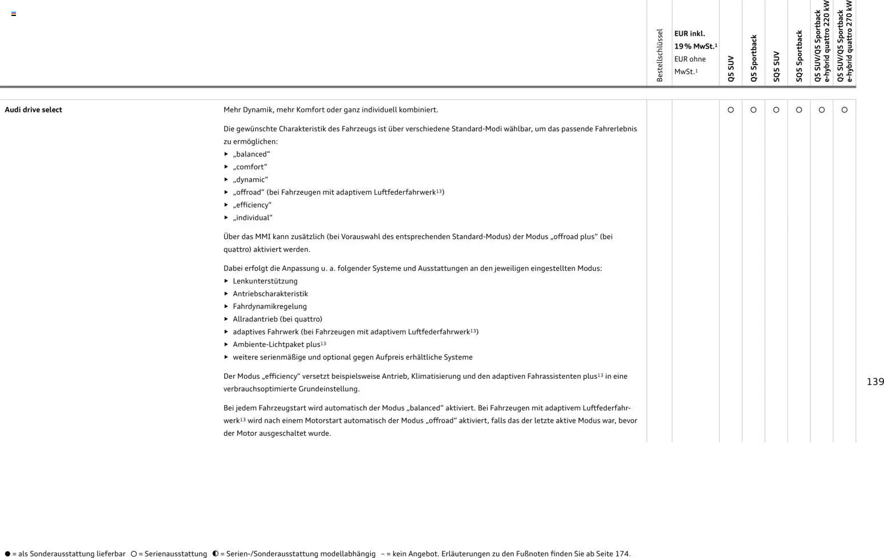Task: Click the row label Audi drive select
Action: coord(33,110)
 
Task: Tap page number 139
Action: coord(875,382)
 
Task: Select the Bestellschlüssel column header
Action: coord(659,55)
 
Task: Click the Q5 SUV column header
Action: coord(731,68)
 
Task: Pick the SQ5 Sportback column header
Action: coord(799,56)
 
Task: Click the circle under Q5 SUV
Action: coord(731,110)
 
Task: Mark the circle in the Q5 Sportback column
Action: coord(753,110)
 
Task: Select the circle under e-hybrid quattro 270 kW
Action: coord(844,110)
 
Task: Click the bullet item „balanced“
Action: coord(251,154)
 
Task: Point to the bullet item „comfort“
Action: coord(250,167)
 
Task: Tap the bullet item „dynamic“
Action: coord(250,180)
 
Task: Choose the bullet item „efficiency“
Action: coord(252,205)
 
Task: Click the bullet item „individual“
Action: coord(253,217)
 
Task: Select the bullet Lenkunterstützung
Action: coord(265,281)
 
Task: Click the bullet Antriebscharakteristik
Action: coord(270,294)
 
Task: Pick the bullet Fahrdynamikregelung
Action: coord(270,306)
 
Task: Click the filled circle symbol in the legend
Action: coord(7,553)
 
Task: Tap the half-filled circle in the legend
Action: coord(215,553)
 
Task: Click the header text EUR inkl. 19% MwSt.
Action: coord(695,40)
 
